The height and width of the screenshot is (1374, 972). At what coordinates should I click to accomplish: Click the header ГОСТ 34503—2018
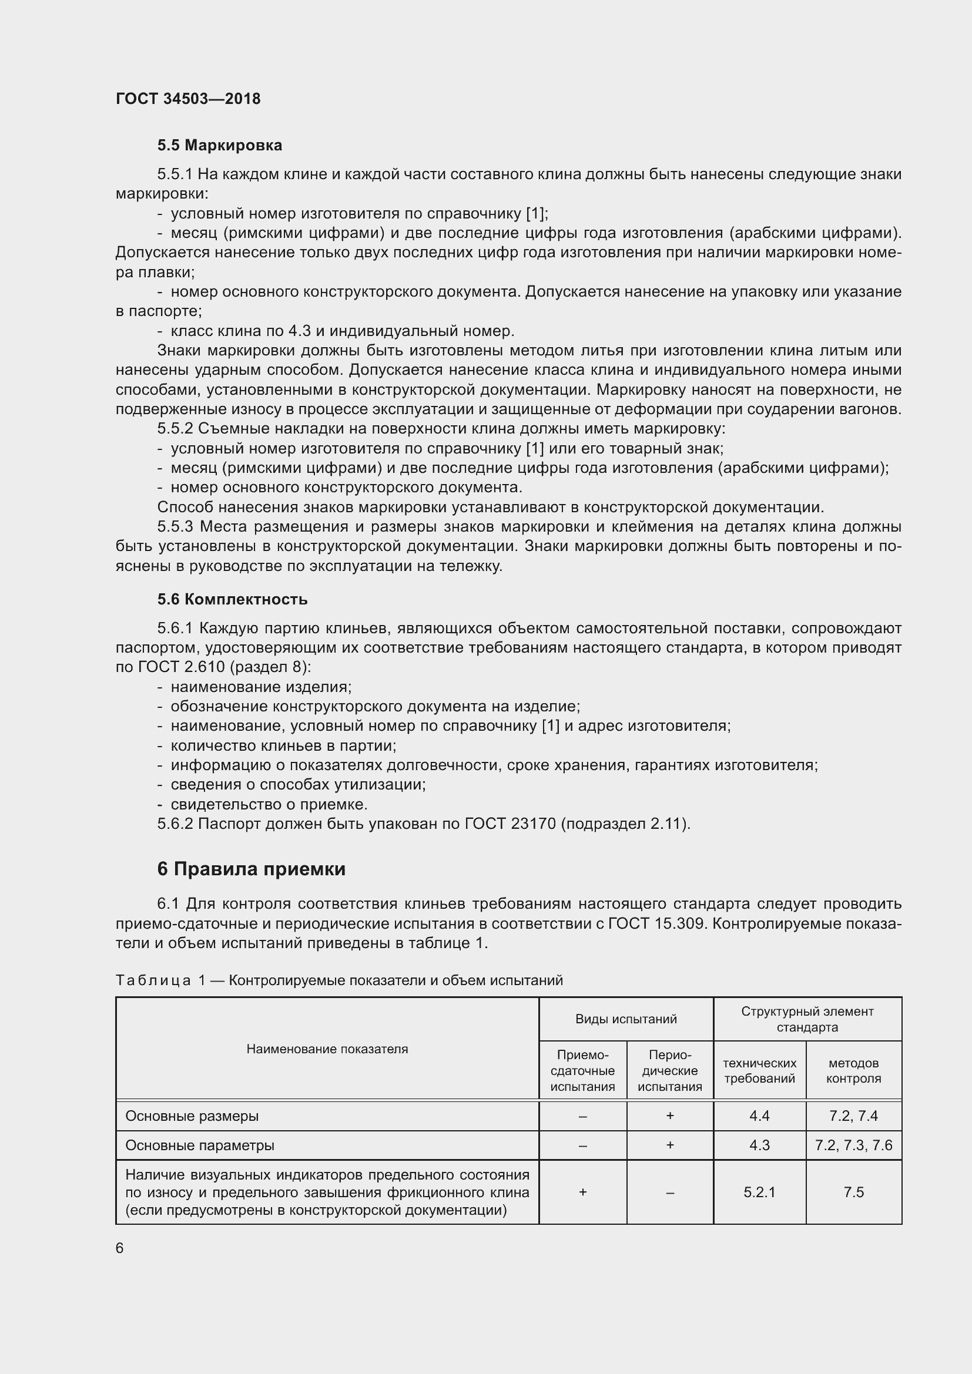188,99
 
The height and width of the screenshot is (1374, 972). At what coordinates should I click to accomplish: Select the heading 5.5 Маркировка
220,146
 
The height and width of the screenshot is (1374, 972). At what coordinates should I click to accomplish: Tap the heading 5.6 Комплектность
232,599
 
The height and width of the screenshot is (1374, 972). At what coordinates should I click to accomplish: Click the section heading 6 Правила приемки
252,868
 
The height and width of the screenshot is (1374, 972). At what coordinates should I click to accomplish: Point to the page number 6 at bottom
120,1248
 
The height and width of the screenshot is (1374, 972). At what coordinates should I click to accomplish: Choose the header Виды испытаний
625,1019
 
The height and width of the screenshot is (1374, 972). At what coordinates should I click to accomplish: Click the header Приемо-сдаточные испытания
582,1071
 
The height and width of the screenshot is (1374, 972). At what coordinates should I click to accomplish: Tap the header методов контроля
853,1071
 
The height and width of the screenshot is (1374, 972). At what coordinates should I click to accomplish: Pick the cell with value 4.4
759,1116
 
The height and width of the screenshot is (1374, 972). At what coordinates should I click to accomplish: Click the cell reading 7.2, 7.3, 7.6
853,1145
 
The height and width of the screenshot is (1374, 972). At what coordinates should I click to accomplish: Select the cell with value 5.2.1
759,1192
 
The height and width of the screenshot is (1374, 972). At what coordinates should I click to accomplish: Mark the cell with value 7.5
853,1192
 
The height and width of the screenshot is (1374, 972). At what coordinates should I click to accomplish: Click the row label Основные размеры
192,1116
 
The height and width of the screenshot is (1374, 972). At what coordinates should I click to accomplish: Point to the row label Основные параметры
199,1145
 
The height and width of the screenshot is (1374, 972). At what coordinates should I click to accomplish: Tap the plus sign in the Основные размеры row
670,1116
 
